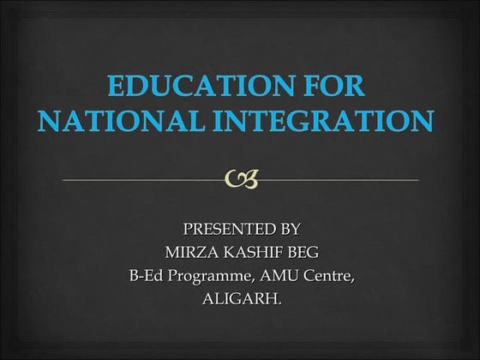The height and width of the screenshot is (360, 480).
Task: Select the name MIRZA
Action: point(187,252)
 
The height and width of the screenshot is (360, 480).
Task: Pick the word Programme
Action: point(205,277)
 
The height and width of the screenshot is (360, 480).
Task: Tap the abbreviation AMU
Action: point(273,276)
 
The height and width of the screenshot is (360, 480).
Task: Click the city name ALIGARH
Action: point(239,299)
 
